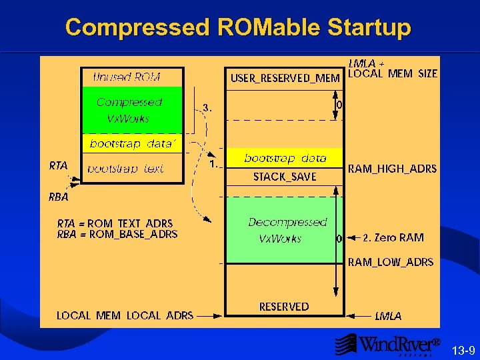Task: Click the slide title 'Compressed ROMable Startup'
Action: click(238, 27)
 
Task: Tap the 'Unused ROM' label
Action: click(127, 77)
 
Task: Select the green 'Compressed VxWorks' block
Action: click(129, 110)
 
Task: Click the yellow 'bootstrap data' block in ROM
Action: click(131, 143)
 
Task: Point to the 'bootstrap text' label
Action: click(125, 169)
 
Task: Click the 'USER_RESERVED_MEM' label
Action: click(285, 79)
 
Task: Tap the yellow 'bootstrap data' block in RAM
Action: click(285, 158)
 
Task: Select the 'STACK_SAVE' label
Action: click(285, 177)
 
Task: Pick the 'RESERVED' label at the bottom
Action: click(284, 307)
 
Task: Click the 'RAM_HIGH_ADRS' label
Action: click(393, 169)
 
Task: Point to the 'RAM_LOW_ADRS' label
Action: click(391, 262)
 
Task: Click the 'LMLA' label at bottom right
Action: click(388, 316)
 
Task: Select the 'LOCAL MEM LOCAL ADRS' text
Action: click(125, 315)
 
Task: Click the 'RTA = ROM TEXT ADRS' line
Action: click(115, 223)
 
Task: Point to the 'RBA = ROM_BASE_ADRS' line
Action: click(117, 234)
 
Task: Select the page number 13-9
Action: click(463, 351)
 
